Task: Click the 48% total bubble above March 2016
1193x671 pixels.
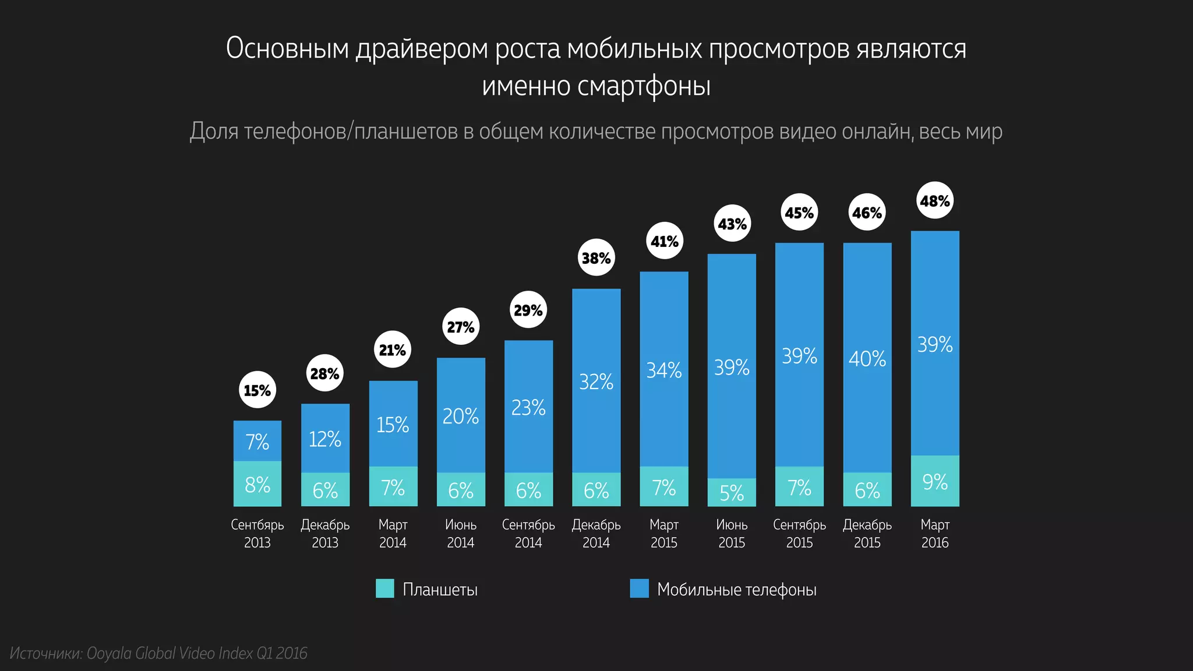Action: (935, 201)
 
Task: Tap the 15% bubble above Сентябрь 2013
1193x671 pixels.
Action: (257, 390)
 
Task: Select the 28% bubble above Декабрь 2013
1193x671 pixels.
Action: (324, 373)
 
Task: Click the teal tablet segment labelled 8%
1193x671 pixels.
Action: (257, 484)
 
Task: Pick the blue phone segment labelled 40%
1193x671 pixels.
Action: (867, 358)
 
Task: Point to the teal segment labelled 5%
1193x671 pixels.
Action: (732, 493)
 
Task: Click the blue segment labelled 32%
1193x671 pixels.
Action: (596, 382)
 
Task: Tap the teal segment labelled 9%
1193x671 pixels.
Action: (935, 481)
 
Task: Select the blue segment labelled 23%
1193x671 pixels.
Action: (528, 407)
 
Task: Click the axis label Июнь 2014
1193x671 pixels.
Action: (460, 534)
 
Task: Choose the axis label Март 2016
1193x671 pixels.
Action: (935, 534)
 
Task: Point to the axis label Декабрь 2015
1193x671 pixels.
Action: (867, 534)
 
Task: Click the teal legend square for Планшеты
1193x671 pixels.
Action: (385, 588)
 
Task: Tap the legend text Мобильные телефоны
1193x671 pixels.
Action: (736, 589)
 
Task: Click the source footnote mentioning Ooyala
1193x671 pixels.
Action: (158, 654)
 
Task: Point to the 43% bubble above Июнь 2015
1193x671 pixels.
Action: (732, 224)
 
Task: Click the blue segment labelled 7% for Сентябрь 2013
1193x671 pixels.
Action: (257, 442)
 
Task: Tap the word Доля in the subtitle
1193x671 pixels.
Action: (214, 132)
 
